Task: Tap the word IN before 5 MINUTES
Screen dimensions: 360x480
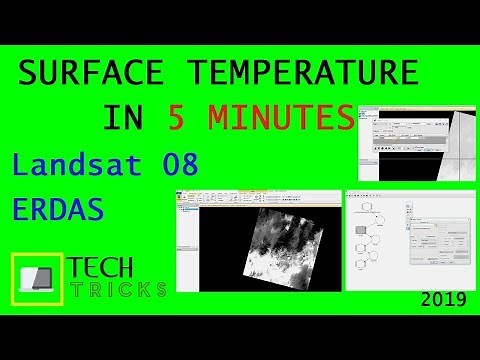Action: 124,118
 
